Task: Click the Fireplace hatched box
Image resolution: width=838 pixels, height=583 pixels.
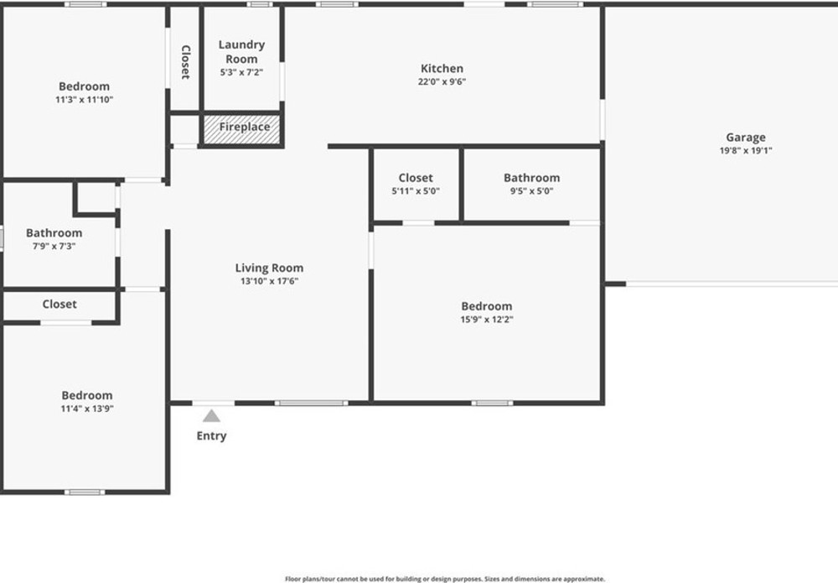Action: [x=241, y=129]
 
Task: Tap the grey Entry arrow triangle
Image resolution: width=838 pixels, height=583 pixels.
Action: [x=212, y=415]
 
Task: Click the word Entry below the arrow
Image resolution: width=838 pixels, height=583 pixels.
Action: [x=212, y=436]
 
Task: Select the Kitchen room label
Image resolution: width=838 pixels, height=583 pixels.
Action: [x=442, y=69]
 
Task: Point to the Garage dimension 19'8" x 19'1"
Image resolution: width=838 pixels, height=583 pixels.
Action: [x=746, y=150]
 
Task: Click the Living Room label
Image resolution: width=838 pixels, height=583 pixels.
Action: [x=269, y=268]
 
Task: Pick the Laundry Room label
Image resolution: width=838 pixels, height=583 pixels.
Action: [x=241, y=51]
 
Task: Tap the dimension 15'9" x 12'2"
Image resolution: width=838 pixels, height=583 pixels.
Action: [x=487, y=320]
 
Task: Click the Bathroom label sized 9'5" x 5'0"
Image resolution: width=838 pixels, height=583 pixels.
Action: [x=532, y=178]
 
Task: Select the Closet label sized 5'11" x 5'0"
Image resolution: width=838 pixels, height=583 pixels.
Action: [x=416, y=178]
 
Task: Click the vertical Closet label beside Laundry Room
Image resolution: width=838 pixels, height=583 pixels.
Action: [x=185, y=62]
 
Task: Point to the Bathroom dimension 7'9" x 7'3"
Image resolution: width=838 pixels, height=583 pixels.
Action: [x=54, y=246]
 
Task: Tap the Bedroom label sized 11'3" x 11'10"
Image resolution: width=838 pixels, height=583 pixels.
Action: [x=85, y=86]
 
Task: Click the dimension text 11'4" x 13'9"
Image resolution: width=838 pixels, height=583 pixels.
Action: [x=87, y=409]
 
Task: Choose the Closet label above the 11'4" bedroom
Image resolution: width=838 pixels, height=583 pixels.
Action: [x=59, y=305]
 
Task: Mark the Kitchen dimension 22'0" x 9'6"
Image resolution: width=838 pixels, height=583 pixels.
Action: [x=442, y=82]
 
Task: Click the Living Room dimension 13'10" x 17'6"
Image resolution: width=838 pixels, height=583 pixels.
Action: [x=269, y=281]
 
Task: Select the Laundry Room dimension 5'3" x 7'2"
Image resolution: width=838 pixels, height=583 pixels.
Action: [x=241, y=72]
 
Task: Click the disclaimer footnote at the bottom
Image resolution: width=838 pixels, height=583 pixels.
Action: [x=445, y=579]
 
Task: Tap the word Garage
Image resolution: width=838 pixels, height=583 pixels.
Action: [x=746, y=138]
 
